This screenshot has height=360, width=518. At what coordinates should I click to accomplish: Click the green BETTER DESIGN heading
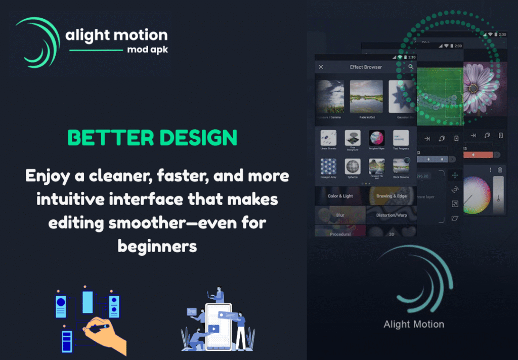point(152,137)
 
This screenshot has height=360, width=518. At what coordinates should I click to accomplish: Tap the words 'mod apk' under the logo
point(147,51)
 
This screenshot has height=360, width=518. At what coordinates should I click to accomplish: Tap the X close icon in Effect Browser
point(321,67)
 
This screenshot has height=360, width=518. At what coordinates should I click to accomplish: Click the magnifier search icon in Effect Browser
point(411,67)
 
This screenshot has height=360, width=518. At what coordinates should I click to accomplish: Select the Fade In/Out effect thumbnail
point(366,97)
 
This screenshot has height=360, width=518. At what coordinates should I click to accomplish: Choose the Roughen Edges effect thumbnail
point(376,138)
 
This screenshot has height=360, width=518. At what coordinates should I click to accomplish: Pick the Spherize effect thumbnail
point(352,167)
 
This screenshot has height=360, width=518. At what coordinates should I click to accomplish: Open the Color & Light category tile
point(340,196)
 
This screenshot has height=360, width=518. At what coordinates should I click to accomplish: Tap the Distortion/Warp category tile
point(391,215)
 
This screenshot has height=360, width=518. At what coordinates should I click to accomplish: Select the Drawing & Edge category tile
point(391,196)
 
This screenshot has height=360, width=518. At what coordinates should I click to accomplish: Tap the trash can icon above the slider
point(500,170)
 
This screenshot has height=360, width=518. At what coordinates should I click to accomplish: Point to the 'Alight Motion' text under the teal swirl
point(413,324)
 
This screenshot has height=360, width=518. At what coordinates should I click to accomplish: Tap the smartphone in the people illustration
point(218,326)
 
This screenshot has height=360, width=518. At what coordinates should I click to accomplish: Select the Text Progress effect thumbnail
point(401,138)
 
